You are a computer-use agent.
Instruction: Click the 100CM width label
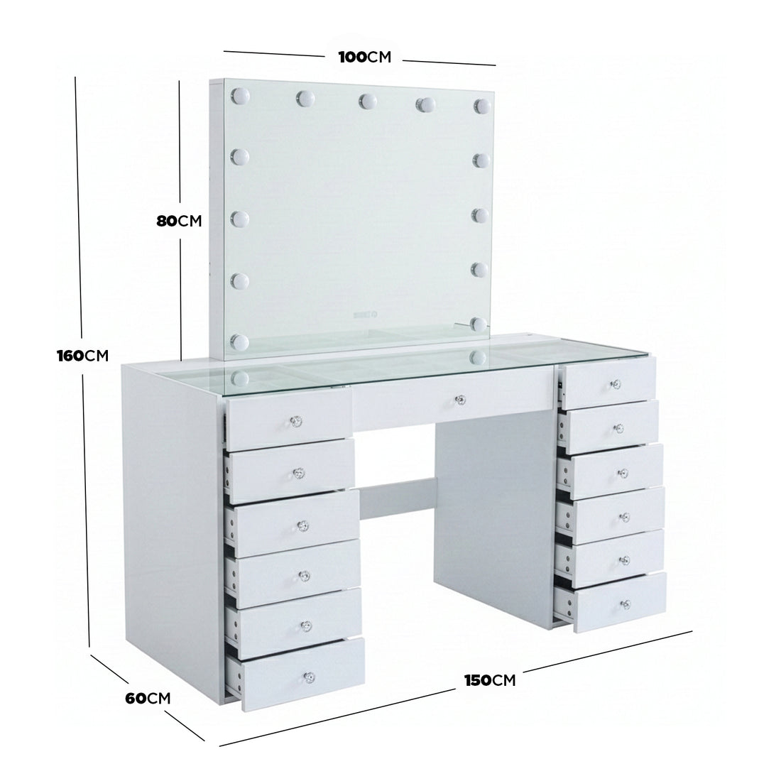point(364,58)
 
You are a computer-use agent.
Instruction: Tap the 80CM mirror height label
point(179,221)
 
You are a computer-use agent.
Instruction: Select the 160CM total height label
point(82,355)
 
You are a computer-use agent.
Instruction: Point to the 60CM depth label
point(148,698)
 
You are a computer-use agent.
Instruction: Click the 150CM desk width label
point(490,680)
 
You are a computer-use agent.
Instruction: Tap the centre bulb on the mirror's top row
point(366,100)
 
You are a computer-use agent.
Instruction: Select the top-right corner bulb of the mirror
point(483,105)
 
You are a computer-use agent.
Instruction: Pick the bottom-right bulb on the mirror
point(478,324)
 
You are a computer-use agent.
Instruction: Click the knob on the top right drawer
point(615,384)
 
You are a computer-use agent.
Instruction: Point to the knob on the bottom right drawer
point(626,604)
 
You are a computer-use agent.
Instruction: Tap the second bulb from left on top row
point(306,97)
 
